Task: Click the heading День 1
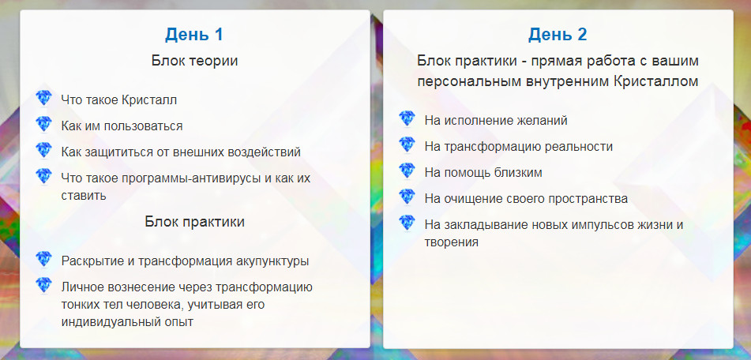[x=194, y=35]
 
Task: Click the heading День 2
[x=558, y=35]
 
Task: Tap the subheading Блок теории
[x=194, y=60]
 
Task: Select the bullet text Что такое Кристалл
[x=118, y=99]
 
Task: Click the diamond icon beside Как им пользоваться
[x=43, y=125]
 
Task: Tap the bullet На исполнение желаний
[x=495, y=120]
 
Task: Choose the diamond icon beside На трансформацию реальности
[x=407, y=145]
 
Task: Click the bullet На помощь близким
[x=483, y=172]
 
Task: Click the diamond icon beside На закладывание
[x=407, y=223]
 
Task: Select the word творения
[x=451, y=242]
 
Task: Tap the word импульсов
[x=599, y=224]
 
